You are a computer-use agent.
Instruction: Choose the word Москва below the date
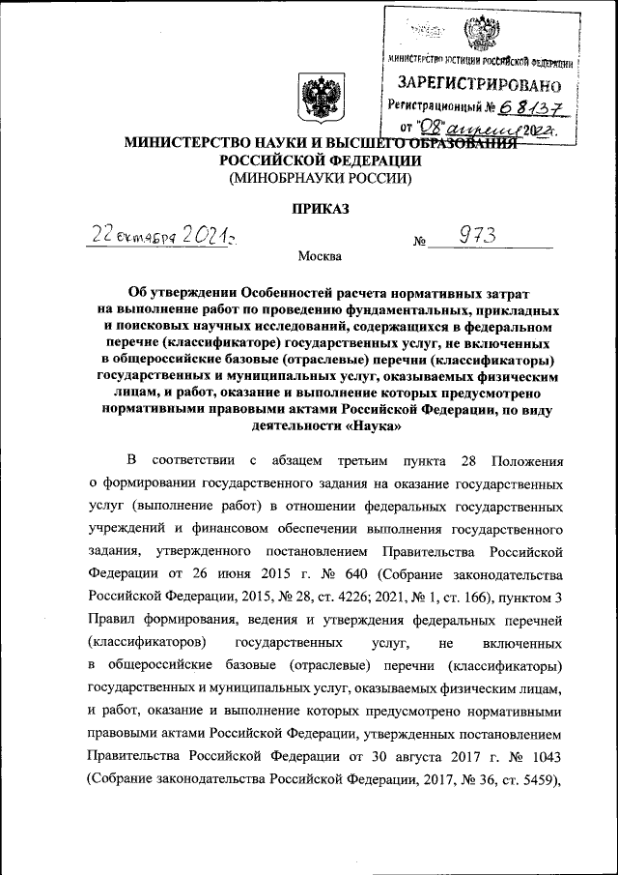point(319,257)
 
